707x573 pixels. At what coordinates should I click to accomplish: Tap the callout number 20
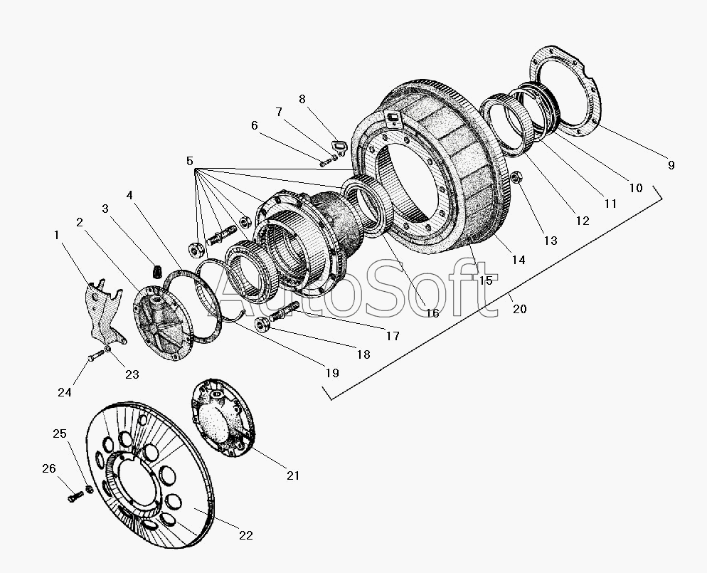pos(519,308)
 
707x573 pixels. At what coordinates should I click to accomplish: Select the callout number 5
pos(190,162)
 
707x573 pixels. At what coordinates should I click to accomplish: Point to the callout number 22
pos(246,535)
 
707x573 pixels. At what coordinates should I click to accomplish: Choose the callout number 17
pos(392,336)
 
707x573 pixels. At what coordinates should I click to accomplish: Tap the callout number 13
pos(551,240)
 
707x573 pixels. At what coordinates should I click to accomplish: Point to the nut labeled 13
pos(518,176)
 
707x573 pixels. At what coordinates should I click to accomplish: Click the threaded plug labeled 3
pos(157,271)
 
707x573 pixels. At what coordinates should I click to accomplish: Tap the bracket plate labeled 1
pos(101,311)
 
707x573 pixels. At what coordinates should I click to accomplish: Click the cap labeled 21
pos(222,416)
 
